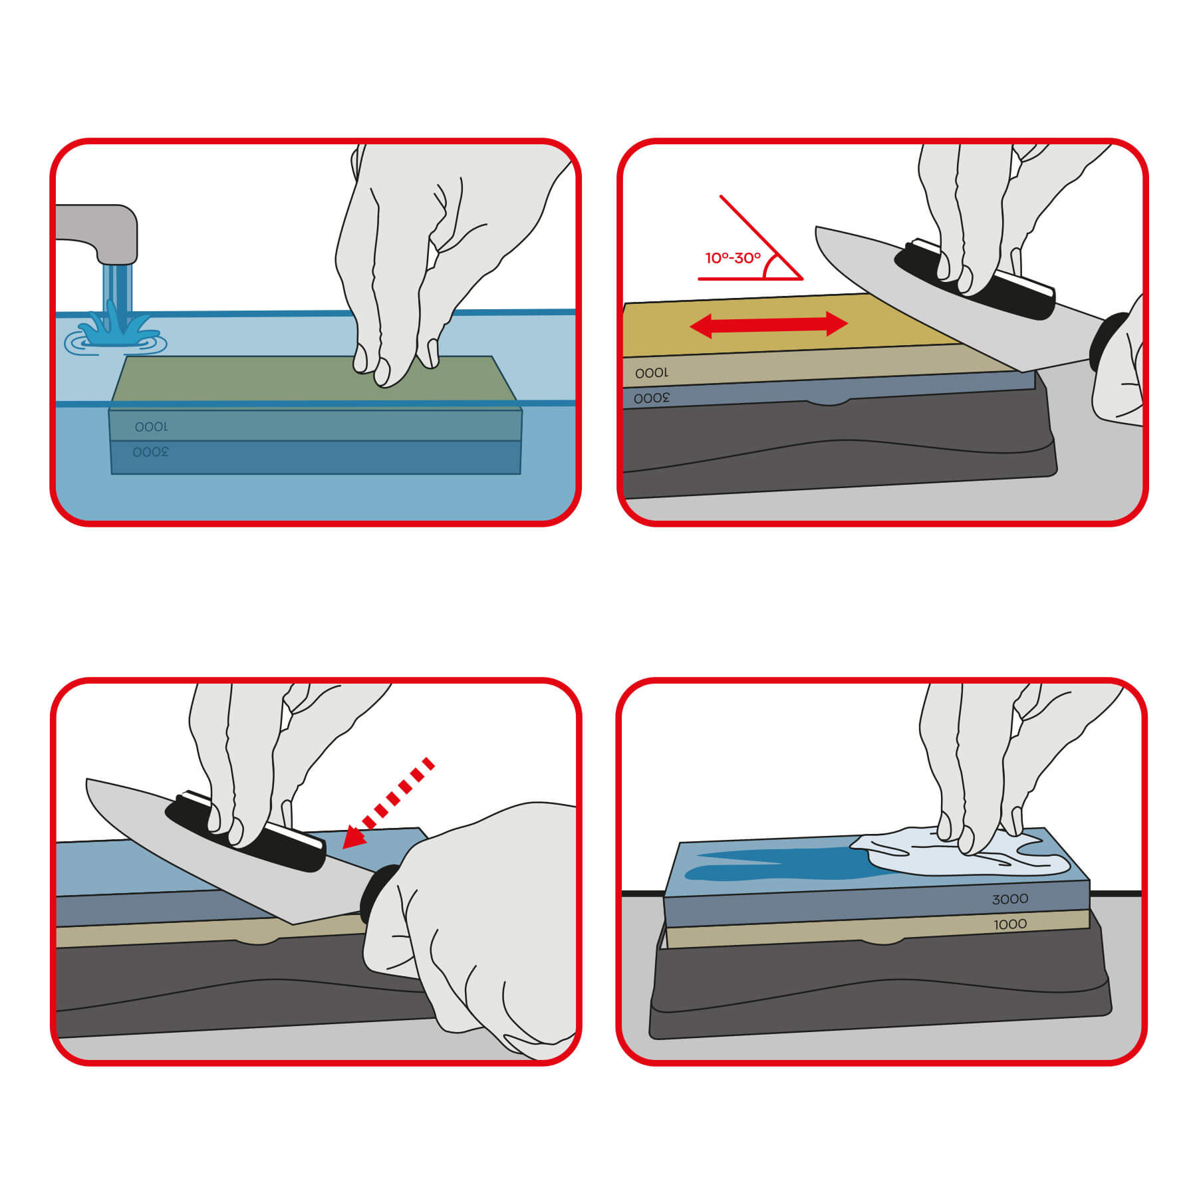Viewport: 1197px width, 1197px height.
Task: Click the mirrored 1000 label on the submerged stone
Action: [151, 426]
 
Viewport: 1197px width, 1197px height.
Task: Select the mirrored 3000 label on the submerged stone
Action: [150, 452]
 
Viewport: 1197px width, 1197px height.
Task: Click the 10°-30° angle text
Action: [733, 258]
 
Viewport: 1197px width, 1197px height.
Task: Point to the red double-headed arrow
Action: [769, 325]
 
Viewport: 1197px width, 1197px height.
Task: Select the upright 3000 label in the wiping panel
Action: [1009, 899]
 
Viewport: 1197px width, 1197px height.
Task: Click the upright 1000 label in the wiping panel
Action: [1009, 924]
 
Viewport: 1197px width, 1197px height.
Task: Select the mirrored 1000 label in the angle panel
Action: [652, 373]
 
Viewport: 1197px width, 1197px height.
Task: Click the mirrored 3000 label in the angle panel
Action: [652, 398]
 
